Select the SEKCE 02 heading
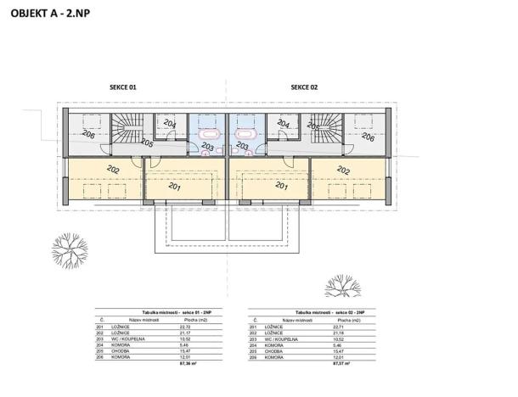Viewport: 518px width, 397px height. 303,87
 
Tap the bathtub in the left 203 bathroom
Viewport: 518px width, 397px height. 207,134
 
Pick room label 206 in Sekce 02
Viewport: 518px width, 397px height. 367,136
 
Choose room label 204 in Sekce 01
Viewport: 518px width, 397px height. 171,125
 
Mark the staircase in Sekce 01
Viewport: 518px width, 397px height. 129,131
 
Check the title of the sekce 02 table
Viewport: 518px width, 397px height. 319,314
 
